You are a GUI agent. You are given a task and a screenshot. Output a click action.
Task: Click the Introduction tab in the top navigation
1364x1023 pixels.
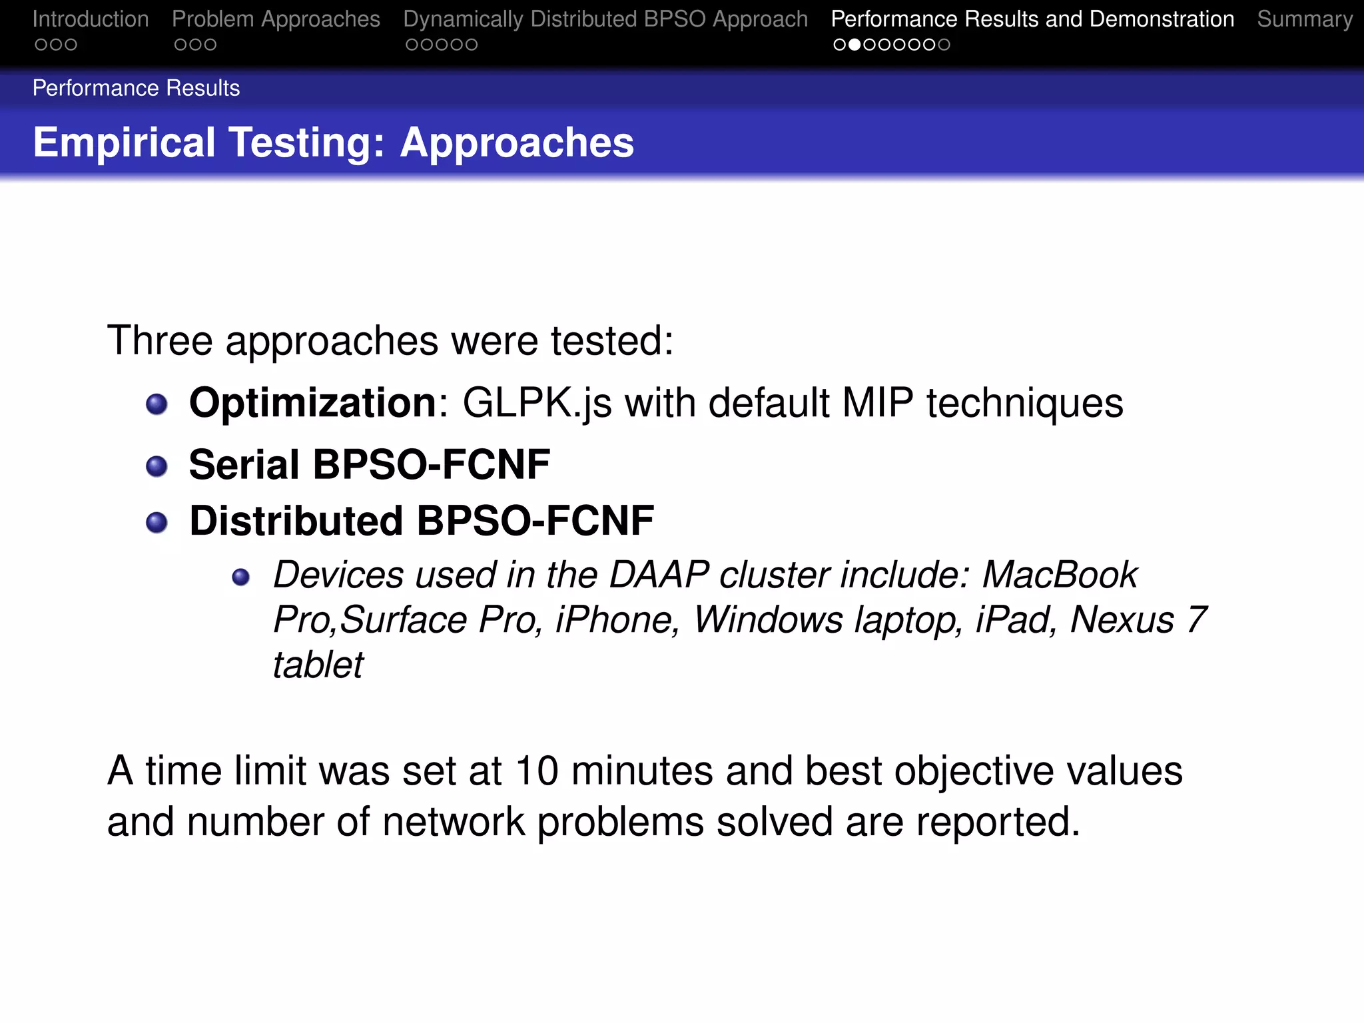click(91, 19)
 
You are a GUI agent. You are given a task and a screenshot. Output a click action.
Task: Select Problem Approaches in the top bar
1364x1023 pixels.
click(276, 19)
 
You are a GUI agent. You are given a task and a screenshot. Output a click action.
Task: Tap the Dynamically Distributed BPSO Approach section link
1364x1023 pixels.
click(605, 19)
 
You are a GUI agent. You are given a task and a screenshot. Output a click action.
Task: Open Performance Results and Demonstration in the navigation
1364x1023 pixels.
click(1032, 19)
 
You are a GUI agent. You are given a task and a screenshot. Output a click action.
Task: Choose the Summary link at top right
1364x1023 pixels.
click(1305, 19)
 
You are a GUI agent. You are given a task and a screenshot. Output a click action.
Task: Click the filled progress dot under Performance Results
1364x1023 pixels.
click(854, 45)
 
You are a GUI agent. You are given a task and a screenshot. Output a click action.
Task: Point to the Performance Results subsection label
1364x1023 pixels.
click(136, 88)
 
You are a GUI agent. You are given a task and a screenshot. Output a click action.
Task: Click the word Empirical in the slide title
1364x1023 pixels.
click(124, 143)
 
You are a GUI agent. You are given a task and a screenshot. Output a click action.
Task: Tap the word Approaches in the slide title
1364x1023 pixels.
click(517, 143)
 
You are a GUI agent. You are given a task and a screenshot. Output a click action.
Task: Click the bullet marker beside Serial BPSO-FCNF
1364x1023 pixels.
click(157, 466)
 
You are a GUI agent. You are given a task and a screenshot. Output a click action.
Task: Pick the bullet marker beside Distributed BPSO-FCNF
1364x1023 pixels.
click(157, 522)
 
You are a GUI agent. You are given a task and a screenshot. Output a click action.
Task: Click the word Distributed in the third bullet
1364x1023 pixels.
click(296, 521)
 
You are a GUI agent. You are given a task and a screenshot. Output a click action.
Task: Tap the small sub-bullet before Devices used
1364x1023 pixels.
click(240, 577)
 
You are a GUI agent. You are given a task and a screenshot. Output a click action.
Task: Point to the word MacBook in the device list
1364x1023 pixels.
click(1060, 575)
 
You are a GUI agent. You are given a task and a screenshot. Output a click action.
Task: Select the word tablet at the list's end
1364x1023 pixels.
click(318, 665)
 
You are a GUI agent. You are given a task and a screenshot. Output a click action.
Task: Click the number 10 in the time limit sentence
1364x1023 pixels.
click(537, 771)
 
